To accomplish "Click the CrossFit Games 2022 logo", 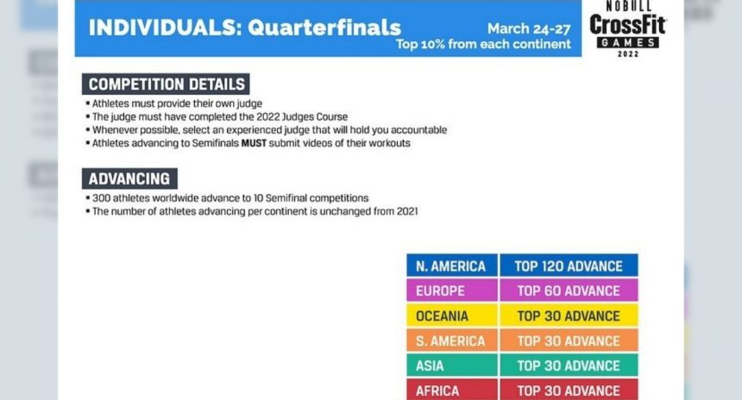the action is click(628, 29).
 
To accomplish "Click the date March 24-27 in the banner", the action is click(529, 28).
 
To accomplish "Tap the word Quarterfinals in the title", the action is click(324, 28).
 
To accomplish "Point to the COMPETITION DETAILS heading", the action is click(166, 84).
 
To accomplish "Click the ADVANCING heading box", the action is click(129, 178).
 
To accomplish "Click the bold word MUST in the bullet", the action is click(254, 143).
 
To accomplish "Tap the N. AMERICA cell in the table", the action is click(452, 266).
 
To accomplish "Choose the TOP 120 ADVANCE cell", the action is click(569, 266).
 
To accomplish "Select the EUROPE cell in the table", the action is click(452, 290).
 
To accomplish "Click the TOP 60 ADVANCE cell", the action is click(569, 290).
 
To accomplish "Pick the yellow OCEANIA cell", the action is click(452, 316).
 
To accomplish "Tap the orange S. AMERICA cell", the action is click(452, 341).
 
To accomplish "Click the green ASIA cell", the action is click(452, 365).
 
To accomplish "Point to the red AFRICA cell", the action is click(452, 390).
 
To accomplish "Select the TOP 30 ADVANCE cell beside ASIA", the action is click(569, 365).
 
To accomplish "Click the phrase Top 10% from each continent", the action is click(483, 45).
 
